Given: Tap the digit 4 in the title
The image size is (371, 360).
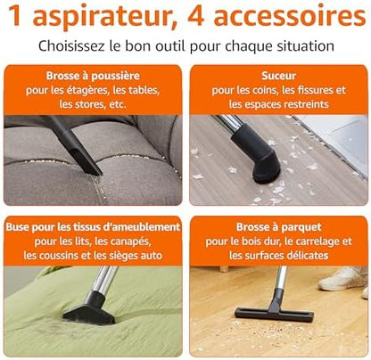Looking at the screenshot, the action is click(196, 16).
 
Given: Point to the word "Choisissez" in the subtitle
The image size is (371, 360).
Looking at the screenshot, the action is click(71, 46).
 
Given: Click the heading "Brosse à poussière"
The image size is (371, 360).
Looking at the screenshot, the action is click(93, 76).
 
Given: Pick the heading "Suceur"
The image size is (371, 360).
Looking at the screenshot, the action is click(278, 76).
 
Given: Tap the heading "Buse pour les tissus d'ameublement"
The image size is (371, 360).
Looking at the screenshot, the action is click(93, 227).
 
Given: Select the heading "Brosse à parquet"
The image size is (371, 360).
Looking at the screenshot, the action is click(278, 227).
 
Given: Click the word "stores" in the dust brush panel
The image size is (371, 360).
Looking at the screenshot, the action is click(89, 104).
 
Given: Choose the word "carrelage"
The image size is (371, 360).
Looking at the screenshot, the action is click(317, 241).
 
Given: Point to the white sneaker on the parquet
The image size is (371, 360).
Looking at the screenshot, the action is click(342, 279).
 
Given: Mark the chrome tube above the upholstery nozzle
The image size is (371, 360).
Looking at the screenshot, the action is click(104, 279).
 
